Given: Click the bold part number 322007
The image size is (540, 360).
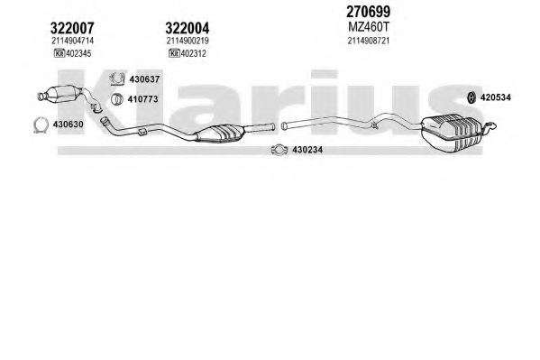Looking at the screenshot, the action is pos(72,28).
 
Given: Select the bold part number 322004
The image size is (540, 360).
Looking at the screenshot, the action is pos(187,28).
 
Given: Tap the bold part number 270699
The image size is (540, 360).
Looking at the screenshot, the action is pos(368,12).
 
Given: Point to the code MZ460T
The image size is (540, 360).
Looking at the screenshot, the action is pos(368,26).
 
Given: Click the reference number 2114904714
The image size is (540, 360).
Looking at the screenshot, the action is pos(73,41).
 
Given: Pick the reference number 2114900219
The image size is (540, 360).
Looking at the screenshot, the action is pos(188,41).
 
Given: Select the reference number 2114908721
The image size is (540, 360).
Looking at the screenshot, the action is pos(369,41).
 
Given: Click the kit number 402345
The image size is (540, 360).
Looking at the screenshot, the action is pos(78,53).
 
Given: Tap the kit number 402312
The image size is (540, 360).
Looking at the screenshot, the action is pos(193,53).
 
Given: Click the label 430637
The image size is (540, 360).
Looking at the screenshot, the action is pos(144,79).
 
